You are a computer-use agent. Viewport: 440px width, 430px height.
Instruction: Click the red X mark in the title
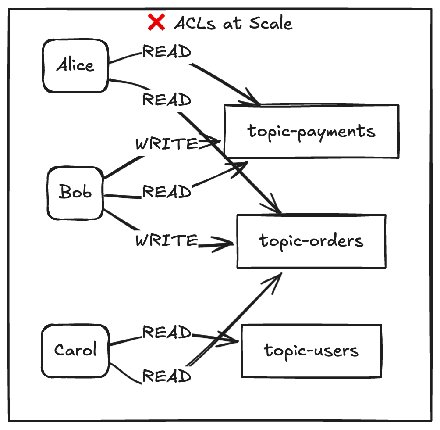point(156,22)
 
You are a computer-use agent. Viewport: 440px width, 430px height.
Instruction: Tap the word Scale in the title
point(270,23)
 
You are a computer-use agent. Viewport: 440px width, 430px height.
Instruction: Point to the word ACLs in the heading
point(195,23)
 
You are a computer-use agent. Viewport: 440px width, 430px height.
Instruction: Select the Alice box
point(75,66)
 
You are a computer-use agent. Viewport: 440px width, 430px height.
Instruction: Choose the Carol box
point(75,350)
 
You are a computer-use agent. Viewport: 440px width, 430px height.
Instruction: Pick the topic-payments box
point(311,131)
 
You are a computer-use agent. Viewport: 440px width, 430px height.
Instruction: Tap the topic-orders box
point(311,241)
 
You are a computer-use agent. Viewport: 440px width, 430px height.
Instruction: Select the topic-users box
point(311,351)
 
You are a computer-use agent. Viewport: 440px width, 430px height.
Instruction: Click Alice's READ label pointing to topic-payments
point(167,52)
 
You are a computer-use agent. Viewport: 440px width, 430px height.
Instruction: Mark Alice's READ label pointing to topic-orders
point(167,100)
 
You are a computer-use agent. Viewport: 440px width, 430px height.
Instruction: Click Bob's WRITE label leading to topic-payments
point(167,143)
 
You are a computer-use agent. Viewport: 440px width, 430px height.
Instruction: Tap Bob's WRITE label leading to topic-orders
point(167,240)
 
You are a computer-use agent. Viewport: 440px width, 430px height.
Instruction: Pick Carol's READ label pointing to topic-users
point(167,333)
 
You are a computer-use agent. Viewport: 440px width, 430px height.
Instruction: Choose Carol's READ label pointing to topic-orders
point(167,376)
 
